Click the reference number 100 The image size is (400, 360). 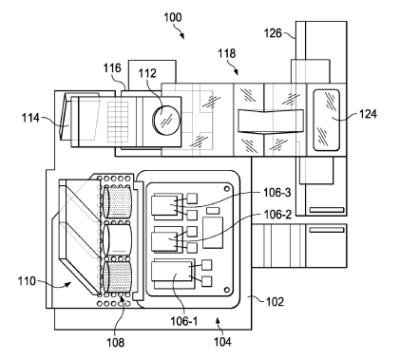[x=173, y=17]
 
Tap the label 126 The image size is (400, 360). [x=273, y=33]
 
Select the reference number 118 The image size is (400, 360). [x=226, y=53]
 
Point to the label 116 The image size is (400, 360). [x=112, y=68]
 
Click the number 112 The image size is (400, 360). [x=147, y=73]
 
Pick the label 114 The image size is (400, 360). [x=30, y=118]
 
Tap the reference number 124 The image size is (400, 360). [x=368, y=114]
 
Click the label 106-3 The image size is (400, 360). [x=276, y=193]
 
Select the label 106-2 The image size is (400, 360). [x=277, y=215]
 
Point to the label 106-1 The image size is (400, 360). [x=184, y=321]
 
